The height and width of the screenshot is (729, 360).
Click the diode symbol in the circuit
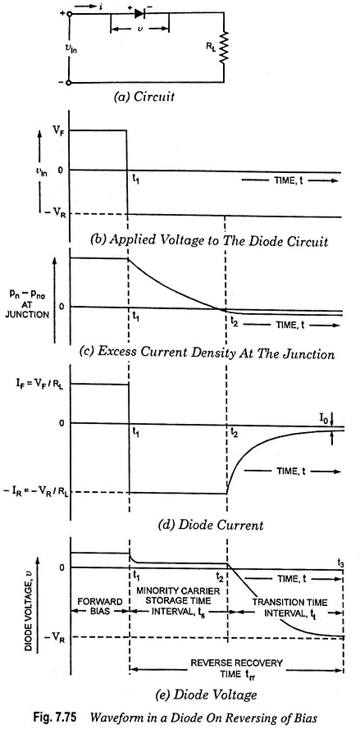139,14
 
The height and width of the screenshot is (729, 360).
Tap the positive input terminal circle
70,14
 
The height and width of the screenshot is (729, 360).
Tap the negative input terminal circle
70,83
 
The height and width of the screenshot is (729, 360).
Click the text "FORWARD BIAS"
99,606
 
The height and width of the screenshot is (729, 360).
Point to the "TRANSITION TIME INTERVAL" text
290,608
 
